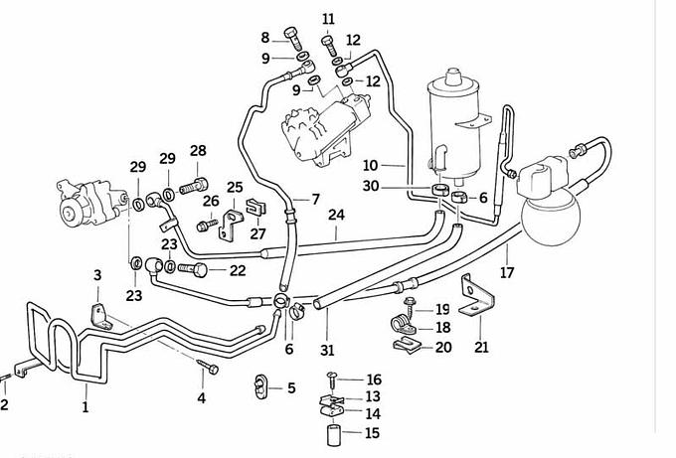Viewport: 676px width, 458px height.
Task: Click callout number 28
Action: [198, 151]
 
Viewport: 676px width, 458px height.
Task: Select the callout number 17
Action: [507, 272]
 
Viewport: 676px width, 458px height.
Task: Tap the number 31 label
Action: [328, 349]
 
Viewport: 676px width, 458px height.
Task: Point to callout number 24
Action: [336, 215]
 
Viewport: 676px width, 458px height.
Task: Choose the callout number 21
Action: [482, 347]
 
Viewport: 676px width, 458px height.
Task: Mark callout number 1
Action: [85, 405]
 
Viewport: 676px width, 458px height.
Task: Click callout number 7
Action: [315, 200]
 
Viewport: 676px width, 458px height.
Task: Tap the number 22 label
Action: [237, 269]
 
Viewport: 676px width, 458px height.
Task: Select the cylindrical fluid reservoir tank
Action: [451, 124]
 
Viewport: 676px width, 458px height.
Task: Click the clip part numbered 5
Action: [263, 385]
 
